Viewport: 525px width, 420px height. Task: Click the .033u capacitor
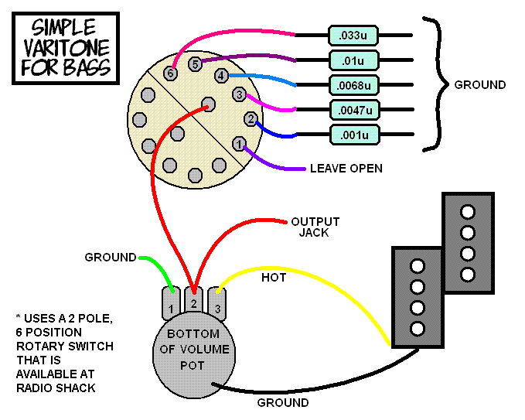click(353, 35)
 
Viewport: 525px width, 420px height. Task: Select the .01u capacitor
click(354, 60)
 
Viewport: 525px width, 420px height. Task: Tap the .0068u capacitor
click(354, 85)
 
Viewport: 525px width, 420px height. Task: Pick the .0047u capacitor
click(355, 110)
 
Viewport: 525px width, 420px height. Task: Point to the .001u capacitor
click(355, 135)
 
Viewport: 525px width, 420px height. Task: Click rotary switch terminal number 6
click(170, 73)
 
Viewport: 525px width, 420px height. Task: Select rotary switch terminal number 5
click(195, 63)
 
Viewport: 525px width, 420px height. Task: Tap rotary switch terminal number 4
click(221, 76)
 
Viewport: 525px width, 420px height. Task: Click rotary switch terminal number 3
click(239, 94)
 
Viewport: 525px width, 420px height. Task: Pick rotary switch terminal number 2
click(251, 119)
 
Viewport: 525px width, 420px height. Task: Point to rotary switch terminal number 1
click(239, 144)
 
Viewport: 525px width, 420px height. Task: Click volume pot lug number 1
click(171, 303)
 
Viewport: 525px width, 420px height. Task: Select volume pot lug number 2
click(194, 300)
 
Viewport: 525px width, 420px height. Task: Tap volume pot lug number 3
click(217, 303)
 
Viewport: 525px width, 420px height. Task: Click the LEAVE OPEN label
click(346, 168)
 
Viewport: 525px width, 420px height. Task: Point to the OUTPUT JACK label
click(315, 227)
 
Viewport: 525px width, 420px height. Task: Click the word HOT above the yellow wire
click(274, 278)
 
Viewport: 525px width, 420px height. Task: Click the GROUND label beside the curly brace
click(480, 85)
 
